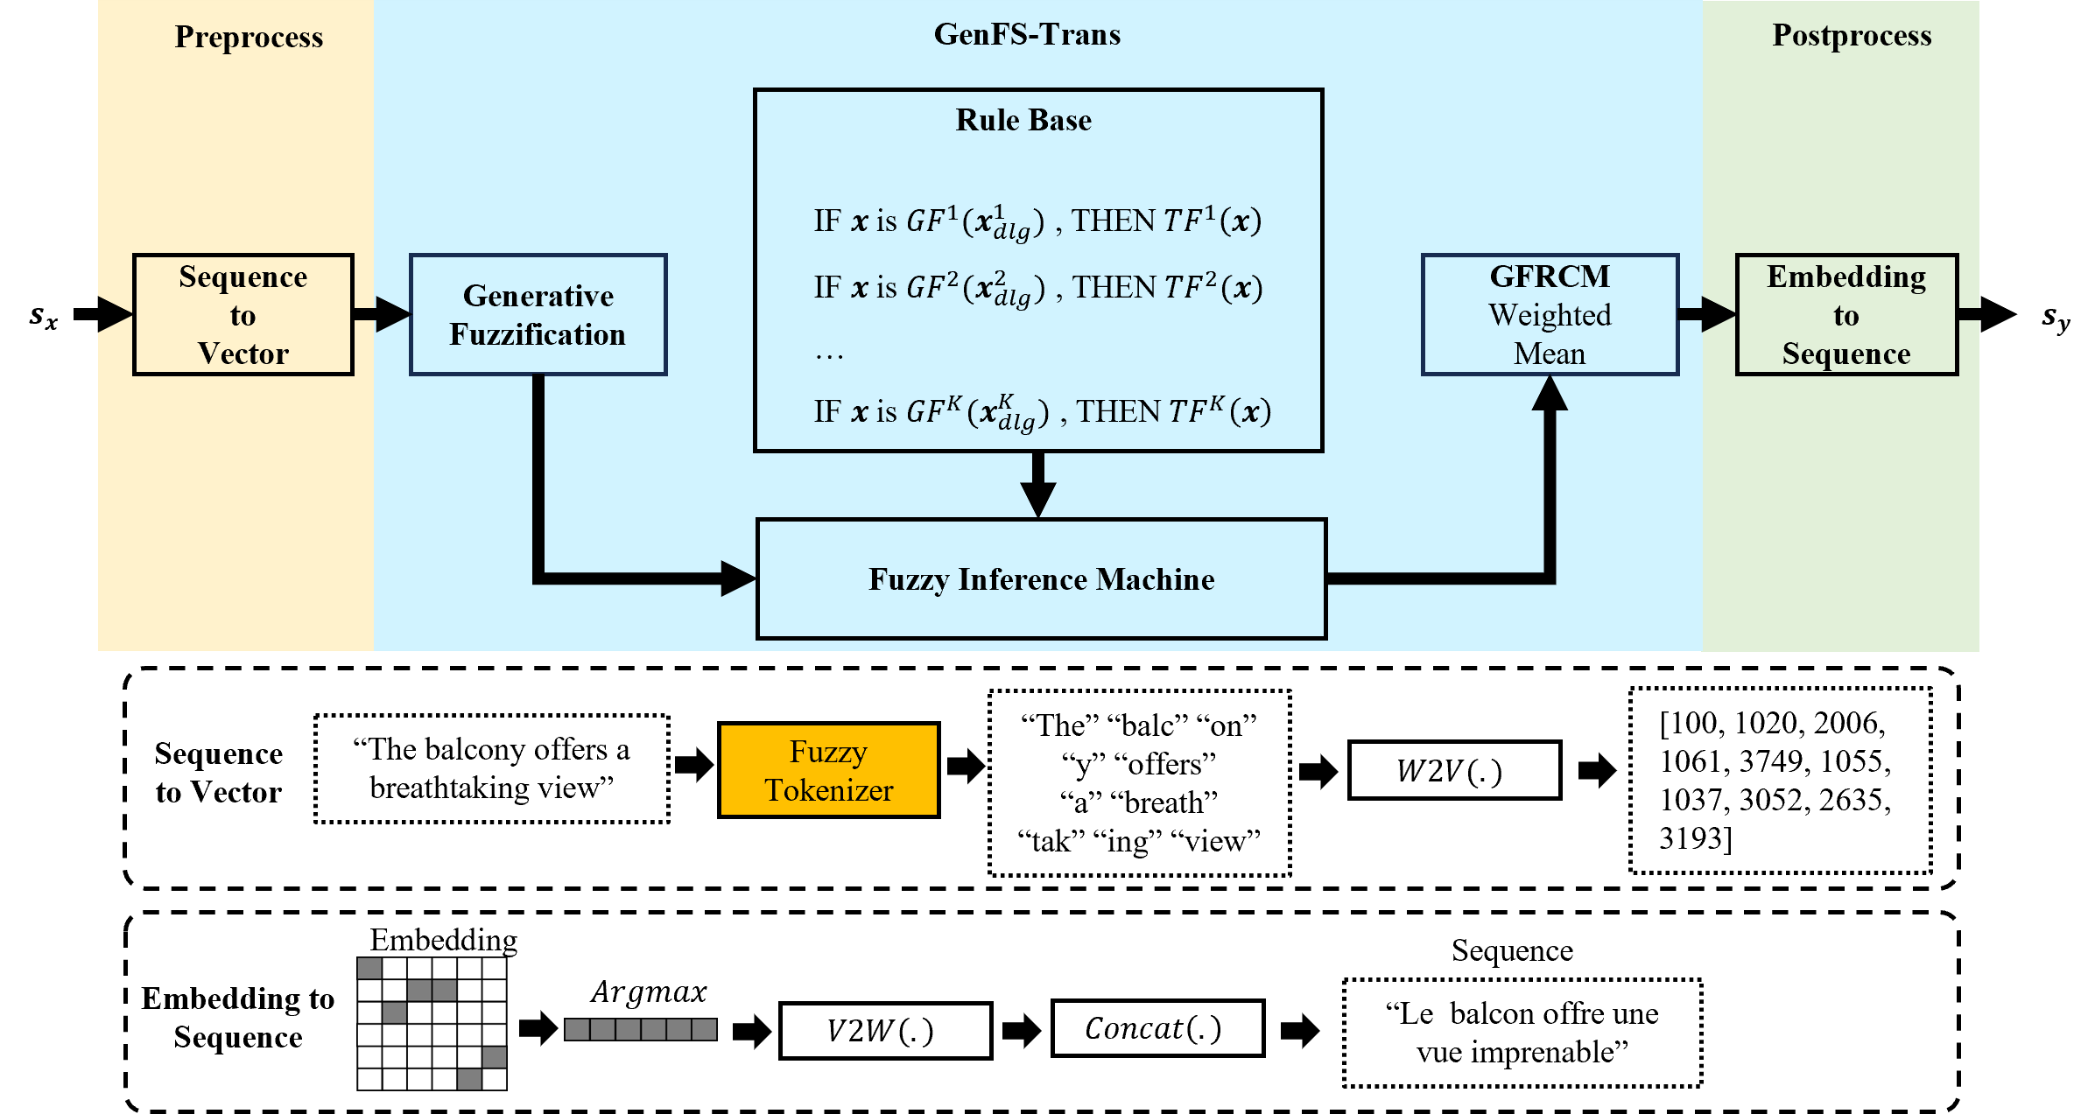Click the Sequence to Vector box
point(243,315)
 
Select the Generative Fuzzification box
point(538,315)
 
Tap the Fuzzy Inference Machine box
point(1041,579)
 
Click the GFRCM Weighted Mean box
point(1550,315)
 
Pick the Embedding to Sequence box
point(1846,315)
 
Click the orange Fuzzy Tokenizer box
point(828,770)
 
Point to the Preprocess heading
point(249,37)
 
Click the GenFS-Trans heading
point(1027,34)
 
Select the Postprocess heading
point(1852,35)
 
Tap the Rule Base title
point(1023,120)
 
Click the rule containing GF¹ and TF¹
point(1037,222)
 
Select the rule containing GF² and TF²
point(1037,289)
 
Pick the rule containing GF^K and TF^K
point(1042,412)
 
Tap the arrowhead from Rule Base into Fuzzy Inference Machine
point(1038,501)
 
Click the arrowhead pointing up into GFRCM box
point(1550,394)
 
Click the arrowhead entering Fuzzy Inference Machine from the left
point(737,578)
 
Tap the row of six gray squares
point(641,1029)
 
